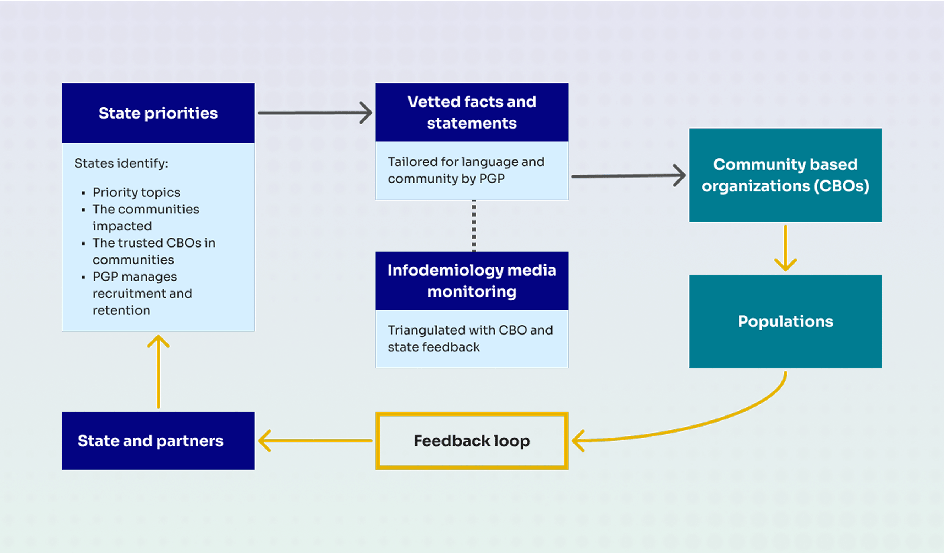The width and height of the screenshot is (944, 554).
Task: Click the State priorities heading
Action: pyautogui.click(x=158, y=113)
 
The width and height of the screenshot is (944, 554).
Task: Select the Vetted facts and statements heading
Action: pyautogui.click(x=472, y=113)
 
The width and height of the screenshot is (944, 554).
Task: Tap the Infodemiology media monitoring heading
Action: pyautogui.click(x=472, y=281)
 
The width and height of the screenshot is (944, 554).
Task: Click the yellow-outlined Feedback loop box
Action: pyautogui.click(x=472, y=441)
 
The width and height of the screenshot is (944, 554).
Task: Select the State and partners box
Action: pyautogui.click(x=150, y=441)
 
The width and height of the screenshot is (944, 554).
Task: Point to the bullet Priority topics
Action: pyautogui.click(x=136, y=192)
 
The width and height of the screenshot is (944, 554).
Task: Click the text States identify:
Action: pyautogui.click(x=121, y=163)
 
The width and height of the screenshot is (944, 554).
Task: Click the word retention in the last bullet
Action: pyautogui.click(x=121, y=310)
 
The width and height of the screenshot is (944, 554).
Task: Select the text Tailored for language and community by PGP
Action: pyautogui.click(x=466, y=170)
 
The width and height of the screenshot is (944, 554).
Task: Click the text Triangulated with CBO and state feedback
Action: pyautogui.click(x=470, y=338)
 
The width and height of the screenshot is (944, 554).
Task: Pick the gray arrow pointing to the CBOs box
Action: pyautogui.click(x=627, y=175)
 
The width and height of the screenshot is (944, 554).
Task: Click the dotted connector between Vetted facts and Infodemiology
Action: pyautogui.click(x=474, y=226)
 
